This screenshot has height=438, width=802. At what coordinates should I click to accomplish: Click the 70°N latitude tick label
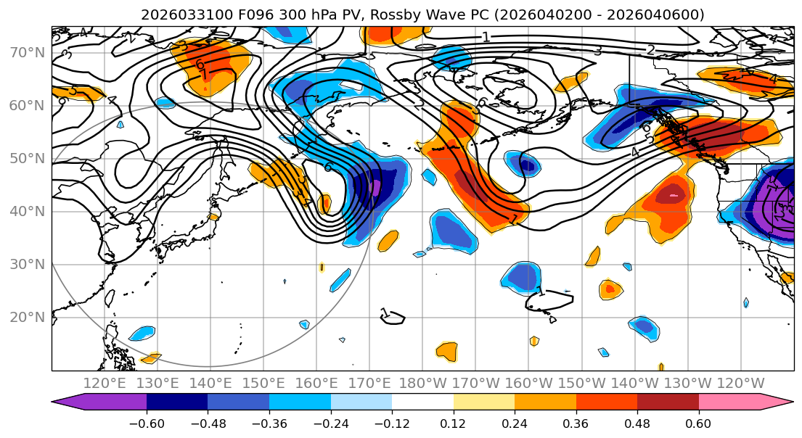pyautogui.click(x=25, y=53)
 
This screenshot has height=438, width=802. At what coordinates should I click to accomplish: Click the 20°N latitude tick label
pyautogui.click(x=25, y=318)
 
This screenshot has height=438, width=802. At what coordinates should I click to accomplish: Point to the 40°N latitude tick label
pyautogui.click(x=25, y=212)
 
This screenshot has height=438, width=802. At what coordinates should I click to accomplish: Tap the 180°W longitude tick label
pyautogui.click(x=422, y=384)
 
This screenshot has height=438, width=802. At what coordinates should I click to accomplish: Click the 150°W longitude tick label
pyautogui.click(x=582, y=384)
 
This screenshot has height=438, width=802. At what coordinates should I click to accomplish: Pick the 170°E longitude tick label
pyautogui.click(x=369, y=384)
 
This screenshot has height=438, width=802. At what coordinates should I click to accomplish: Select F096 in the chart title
pyautogui.click(x=256, y=15)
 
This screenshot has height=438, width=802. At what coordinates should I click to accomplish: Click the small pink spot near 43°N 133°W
pyautogui.click(x=674, y=196)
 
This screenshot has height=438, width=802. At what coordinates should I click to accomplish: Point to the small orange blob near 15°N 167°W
pyautogui.click(x=447, y=351)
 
